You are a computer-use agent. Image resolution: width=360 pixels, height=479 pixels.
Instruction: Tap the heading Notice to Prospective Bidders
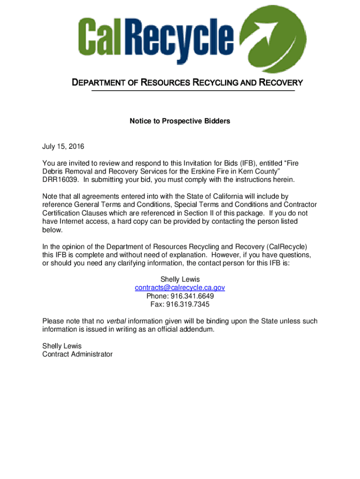point(180,121)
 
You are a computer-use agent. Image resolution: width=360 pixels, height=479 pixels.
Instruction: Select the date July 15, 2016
point(63,147)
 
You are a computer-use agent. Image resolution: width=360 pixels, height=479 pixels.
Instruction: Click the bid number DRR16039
point(60,180)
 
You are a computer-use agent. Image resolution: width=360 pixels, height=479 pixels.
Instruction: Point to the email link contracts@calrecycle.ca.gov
point(180,288)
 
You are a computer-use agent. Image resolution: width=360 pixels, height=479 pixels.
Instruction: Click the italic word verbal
point(116,321)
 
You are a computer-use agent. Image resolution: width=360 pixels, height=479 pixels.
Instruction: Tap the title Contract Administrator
point(78,355)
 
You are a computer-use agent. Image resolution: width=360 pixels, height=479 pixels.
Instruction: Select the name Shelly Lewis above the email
point(180,279)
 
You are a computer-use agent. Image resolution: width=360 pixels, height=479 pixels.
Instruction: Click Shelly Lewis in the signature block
point(62,346)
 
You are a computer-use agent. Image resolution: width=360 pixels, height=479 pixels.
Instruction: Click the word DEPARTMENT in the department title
point(101,83)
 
